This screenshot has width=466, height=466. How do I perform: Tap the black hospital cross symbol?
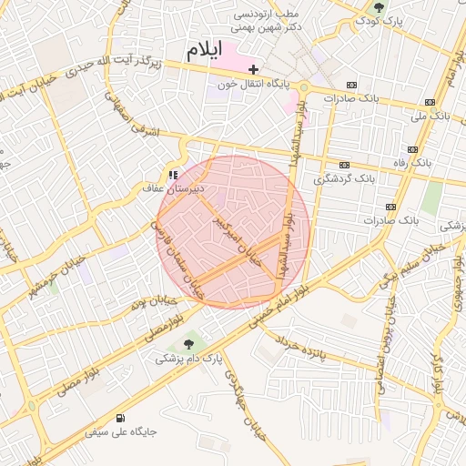(x=254, y=69)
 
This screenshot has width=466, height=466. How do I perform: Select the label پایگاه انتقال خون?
(x=251, y=85)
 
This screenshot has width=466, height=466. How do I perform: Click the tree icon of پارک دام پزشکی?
(x=189, y=344)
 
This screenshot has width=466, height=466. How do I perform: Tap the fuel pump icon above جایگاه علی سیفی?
(x=93, y=420)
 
